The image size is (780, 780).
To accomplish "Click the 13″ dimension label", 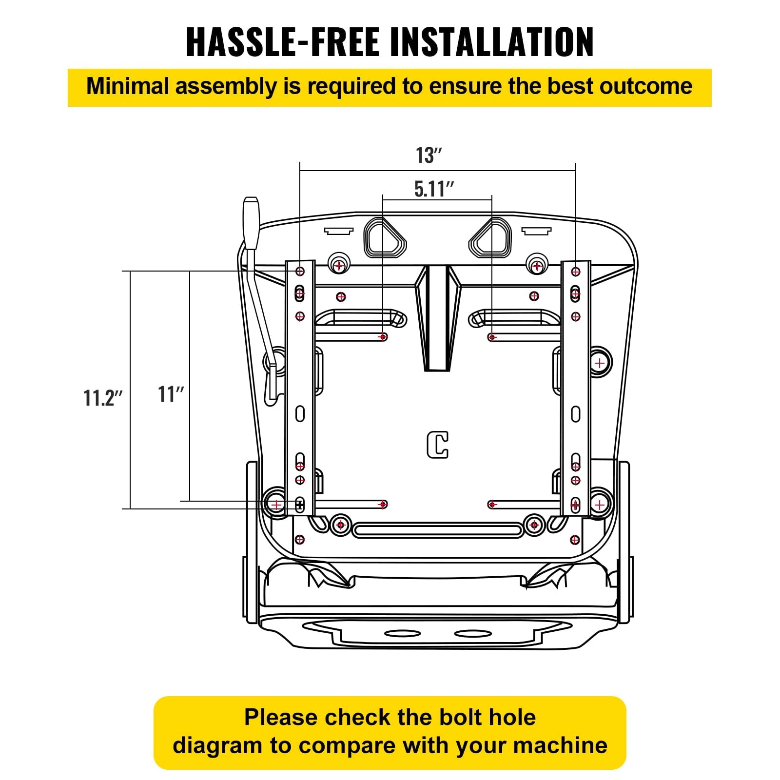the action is (429, 156).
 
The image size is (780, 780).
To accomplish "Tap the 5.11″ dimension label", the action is (434, 189).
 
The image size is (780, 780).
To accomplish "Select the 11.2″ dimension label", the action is (103, 398).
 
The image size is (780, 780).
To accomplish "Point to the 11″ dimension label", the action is (171, 394).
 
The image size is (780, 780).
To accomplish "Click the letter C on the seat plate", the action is (438, 445).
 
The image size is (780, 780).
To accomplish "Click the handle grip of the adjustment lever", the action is (251, 223).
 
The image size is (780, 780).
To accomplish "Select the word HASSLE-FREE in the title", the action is (283, 42).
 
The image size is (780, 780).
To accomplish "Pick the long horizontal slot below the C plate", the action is (438, 530).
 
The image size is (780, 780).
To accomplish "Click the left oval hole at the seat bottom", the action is (403, 634).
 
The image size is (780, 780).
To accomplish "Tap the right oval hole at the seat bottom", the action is (473, 634).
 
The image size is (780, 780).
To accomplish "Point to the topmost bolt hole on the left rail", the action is (300, 271).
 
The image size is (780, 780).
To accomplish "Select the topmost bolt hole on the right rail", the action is (576, 272).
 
